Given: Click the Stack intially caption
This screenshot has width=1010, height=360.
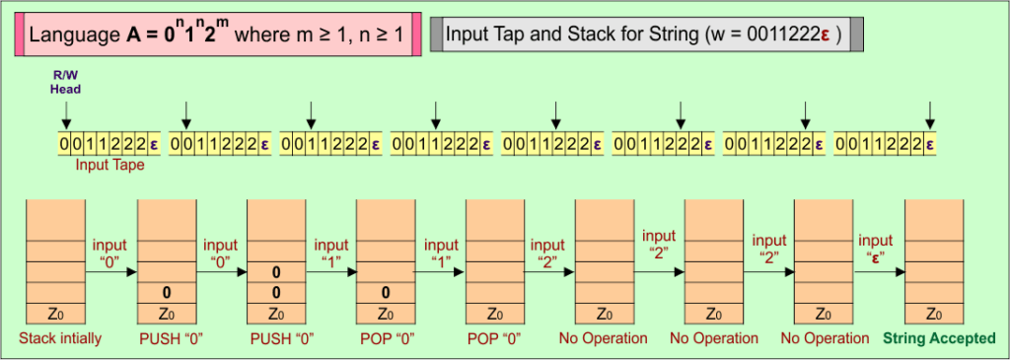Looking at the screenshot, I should (x=56, y=338).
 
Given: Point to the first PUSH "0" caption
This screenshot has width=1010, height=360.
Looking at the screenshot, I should (x=166, y=338).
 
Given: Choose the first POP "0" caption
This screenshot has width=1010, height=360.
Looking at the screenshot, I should (x=385, y=338).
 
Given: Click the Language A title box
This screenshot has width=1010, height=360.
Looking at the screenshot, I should (x=217, y=35).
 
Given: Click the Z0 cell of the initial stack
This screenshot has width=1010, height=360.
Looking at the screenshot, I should (x=56, y=315).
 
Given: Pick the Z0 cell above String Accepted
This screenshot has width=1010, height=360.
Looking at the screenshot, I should (x=933, y=315).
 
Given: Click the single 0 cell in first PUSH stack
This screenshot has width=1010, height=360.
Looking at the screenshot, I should (x=166, y=293).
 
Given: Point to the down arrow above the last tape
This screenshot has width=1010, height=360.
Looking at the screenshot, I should (x=927, y=113).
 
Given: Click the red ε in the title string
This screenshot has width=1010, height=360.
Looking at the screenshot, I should (x=827, y=35).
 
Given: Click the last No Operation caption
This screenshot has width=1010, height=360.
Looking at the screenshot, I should (x=824, y=338).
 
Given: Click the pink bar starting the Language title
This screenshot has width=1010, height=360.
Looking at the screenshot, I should (x=20, y=35).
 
